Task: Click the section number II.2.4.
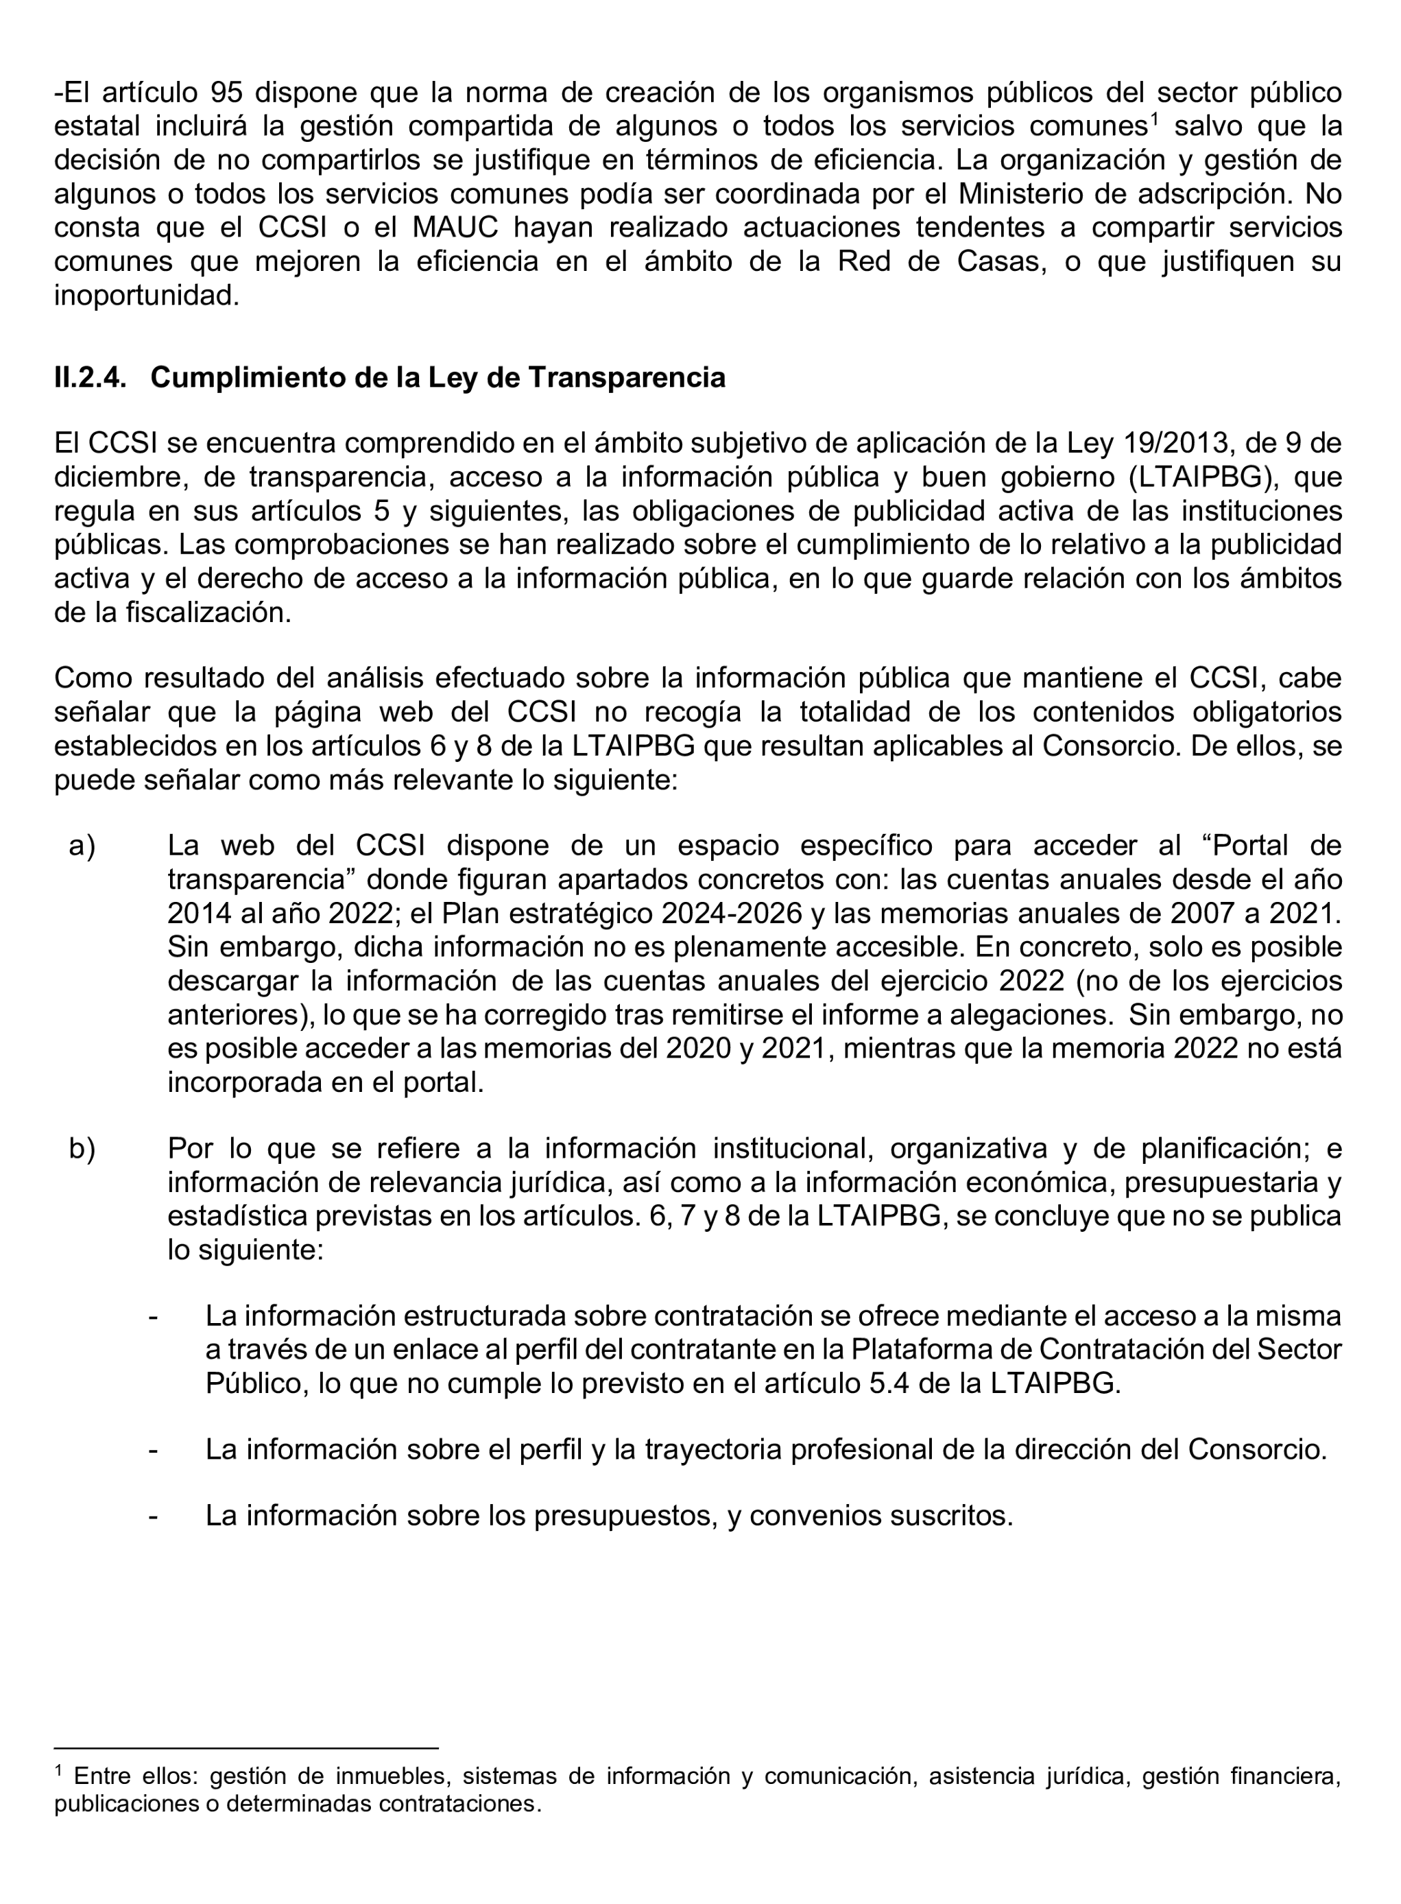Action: point(90,378)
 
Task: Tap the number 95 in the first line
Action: point(226,93)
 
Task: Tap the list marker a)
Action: point(82,846)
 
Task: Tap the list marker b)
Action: point(82,1148)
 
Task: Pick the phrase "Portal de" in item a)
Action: point(1277,846)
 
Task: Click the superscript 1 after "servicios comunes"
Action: point(1153,119)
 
